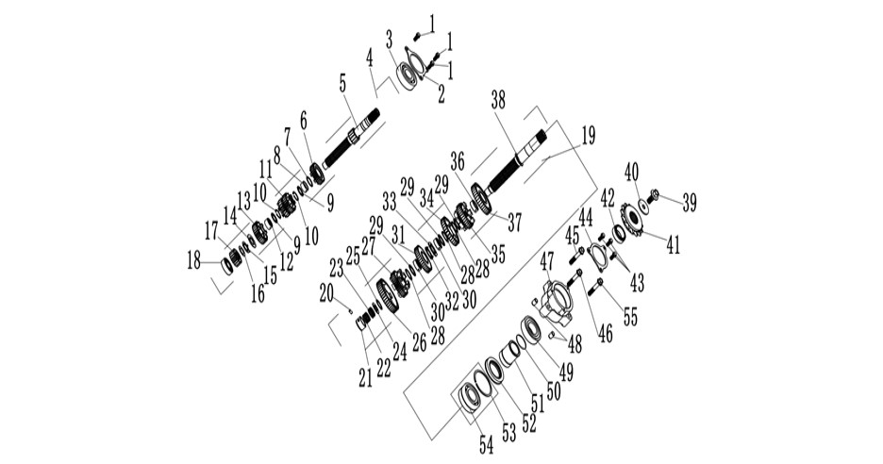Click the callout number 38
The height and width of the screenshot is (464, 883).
coord(498,100)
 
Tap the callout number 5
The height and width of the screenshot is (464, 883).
coord(343,84)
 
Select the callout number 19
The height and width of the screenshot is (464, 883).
coord(587,137)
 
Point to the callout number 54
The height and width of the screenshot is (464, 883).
coord(487,444)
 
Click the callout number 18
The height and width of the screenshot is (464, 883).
coord(193,260)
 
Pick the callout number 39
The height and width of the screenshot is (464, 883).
coord(689,203)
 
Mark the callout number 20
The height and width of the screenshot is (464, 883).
coord(326,292)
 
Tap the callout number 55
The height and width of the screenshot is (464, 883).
coord(630,317)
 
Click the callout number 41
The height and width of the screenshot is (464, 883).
coord(673,245)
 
